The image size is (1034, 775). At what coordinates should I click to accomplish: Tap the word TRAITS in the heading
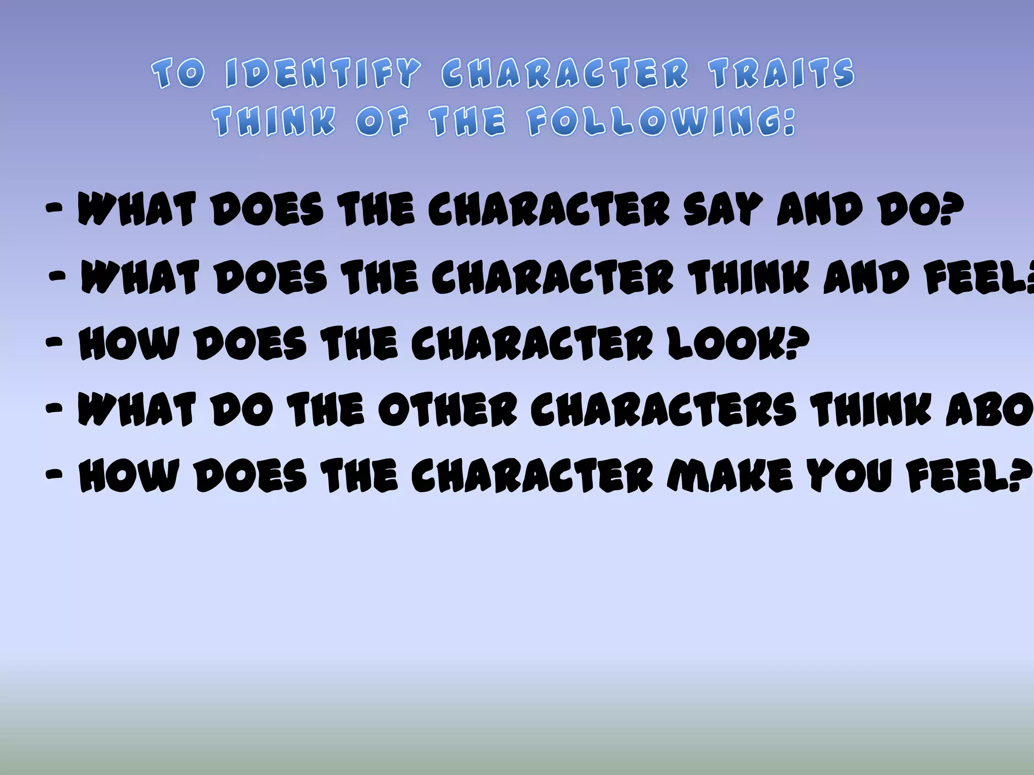click(x=782, y=74)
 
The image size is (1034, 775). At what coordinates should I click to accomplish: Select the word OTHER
click(x=447, y=410)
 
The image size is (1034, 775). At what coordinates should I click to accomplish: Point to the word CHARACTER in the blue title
click(x=564, y=74)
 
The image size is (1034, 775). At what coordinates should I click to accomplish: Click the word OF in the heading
click(x=382, y=122)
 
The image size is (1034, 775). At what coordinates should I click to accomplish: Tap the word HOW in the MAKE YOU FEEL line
click(x=129, y=476)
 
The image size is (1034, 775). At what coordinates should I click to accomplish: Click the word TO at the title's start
click(x=179, y=74)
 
